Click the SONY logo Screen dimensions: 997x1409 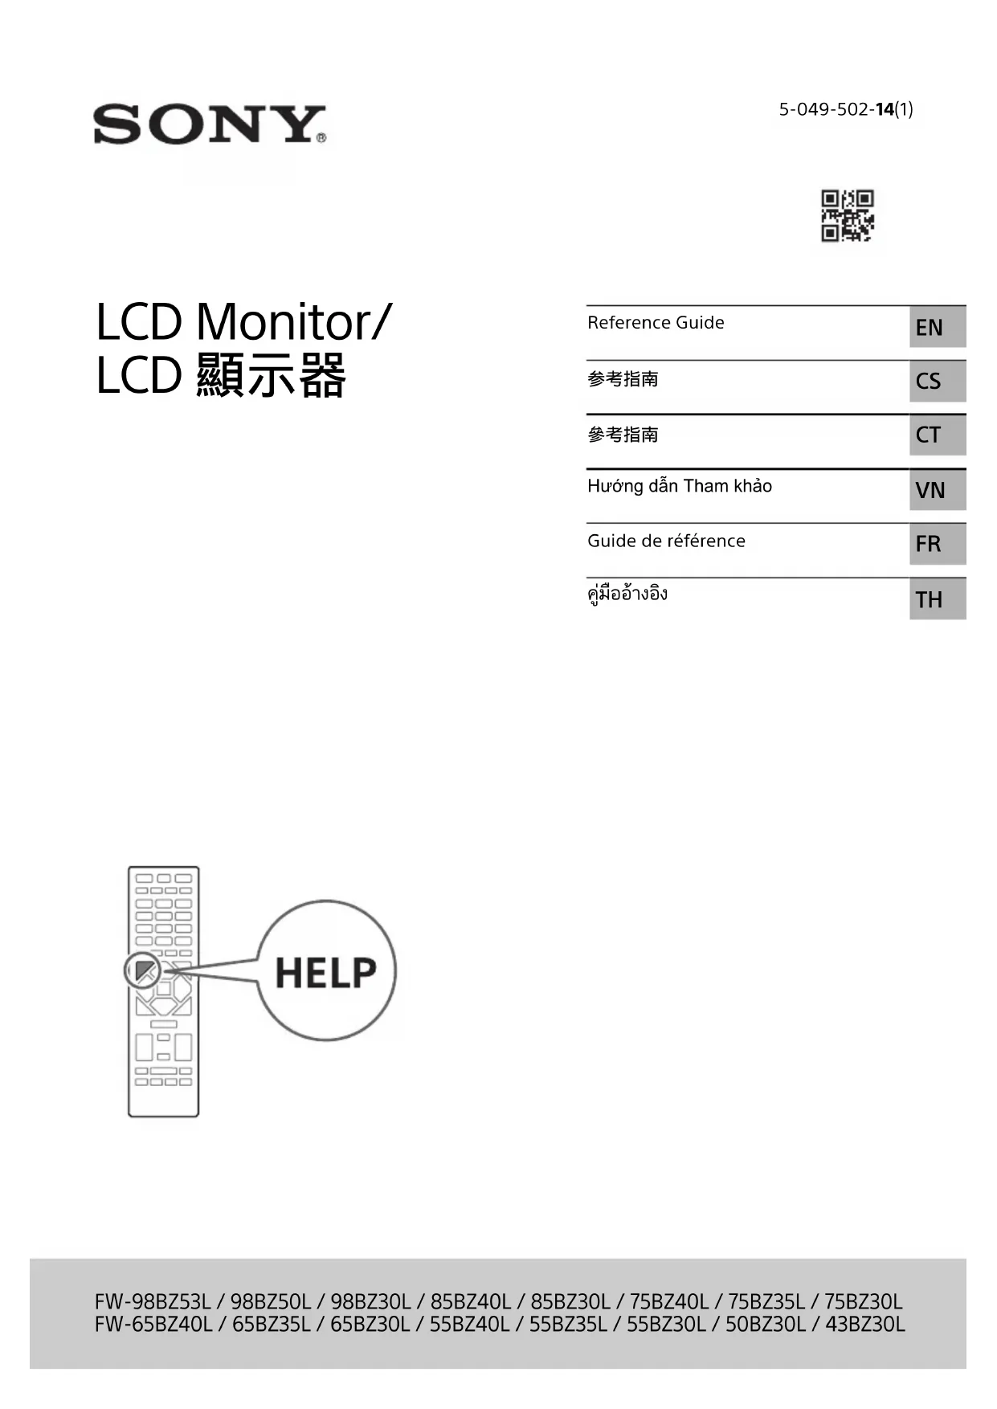click(209, 125)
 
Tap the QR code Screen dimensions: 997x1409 click(847, 215)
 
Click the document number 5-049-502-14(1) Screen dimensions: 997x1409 click(845, 109)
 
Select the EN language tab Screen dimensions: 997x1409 click(937, 327)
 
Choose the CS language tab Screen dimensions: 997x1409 click(937, 381)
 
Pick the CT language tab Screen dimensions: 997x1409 click(937, 435)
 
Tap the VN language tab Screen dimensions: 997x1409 click(937, 490)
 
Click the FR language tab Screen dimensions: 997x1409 click(937, 544)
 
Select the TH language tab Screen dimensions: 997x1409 click(937, 599)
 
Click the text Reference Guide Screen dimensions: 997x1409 click(656, 323)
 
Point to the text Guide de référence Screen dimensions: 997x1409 click(666, 541)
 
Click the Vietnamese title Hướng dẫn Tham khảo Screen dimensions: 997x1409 click(680, 486)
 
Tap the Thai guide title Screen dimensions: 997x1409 click(627, 594)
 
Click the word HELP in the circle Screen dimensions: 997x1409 click(325, 972)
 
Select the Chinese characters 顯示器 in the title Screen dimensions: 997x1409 click(272, 376)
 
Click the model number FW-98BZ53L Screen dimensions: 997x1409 click(153, 1301)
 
